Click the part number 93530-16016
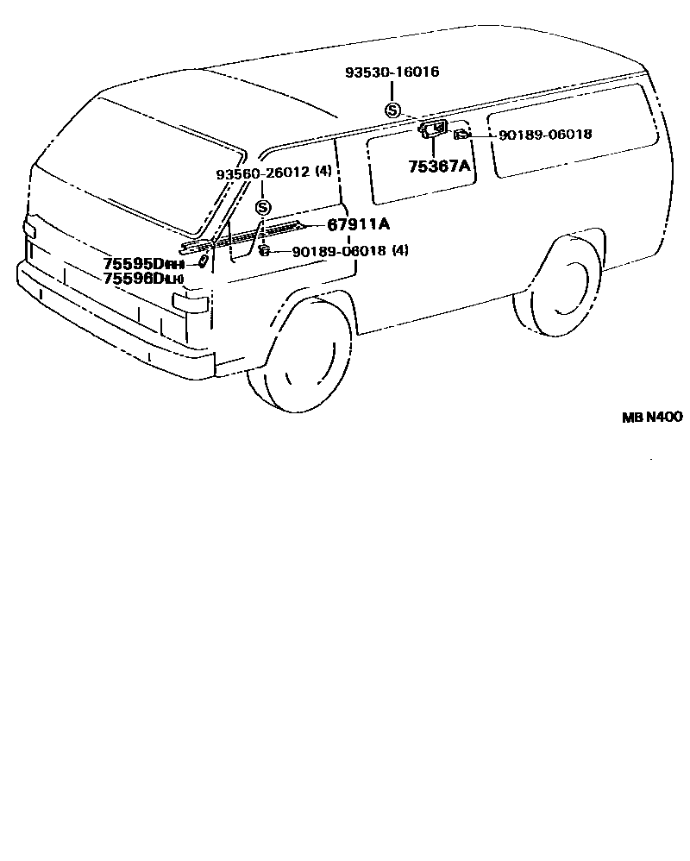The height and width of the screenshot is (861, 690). (x=392, y=72)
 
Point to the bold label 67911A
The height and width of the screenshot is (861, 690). (x=358, y=225)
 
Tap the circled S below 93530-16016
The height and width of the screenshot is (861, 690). (x=392, y=110)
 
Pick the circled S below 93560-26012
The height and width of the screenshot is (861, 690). (x=263, y=207)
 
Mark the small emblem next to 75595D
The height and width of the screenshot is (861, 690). (x=200, y=261)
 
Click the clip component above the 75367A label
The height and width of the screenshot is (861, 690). (x=433, y=130)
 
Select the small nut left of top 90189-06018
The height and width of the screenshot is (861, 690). (x=462, y=134)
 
